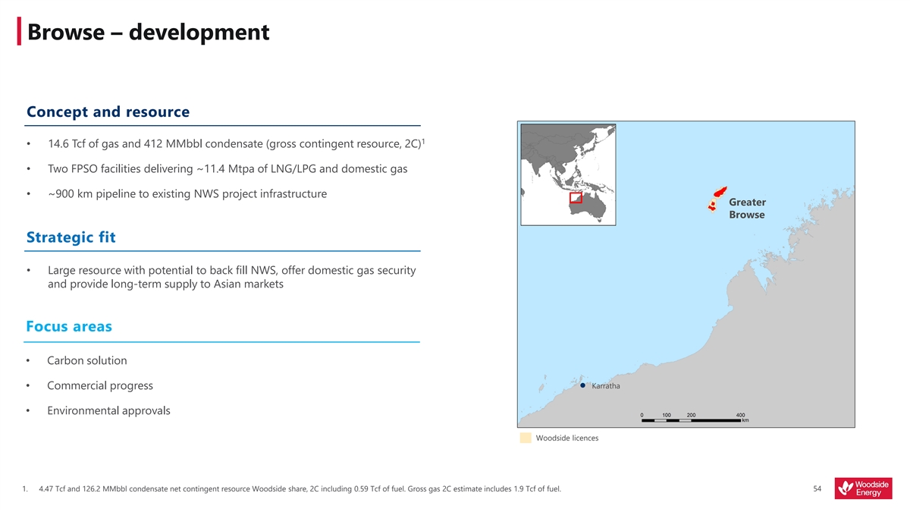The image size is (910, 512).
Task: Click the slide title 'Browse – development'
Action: (149, 32)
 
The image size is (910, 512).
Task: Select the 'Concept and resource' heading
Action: (108, 112)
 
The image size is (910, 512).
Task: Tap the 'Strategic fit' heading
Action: (71, 237)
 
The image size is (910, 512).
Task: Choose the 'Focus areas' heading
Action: (69, 326)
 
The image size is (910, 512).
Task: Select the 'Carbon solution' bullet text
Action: (87, 360)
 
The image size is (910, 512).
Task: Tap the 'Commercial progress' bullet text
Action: (100, 385)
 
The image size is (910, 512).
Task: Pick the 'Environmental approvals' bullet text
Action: (108, 411)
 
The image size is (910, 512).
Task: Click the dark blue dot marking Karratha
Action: (582, 385)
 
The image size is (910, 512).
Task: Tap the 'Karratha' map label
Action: (606, 386)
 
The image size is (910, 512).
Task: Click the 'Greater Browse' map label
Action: (747, 209)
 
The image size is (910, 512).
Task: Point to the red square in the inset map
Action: (576, 198)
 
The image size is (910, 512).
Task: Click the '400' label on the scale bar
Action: (740, 415)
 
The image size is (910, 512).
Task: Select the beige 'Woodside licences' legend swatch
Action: (526, 438)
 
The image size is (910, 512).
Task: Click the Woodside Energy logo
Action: (863, 488)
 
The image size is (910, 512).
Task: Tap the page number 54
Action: (817, 488)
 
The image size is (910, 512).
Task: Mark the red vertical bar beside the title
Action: (19, 31)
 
